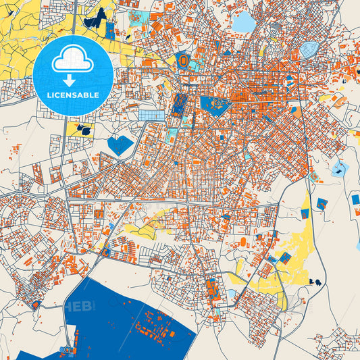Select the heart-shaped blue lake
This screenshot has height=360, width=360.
(x=121, y=145)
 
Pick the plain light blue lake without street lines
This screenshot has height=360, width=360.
(x=244, y=22)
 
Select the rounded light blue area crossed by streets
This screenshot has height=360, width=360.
(x=309, y=49)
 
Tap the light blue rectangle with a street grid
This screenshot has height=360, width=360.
(x=151, y=115)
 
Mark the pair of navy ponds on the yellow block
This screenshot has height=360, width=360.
(x=84, y=128)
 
